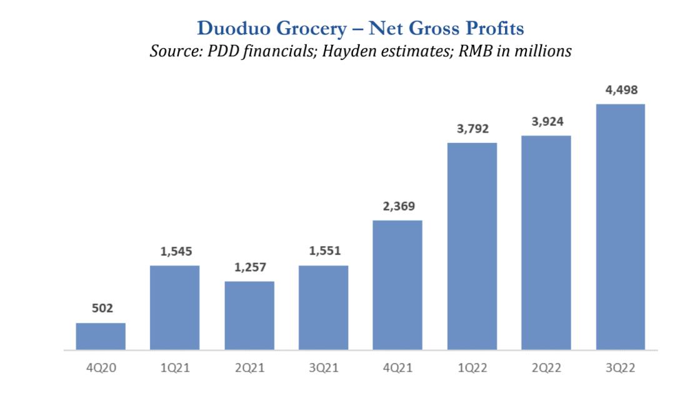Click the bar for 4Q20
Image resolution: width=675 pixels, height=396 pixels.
pos(101,336)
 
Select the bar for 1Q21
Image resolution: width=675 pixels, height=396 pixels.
pos(175,307)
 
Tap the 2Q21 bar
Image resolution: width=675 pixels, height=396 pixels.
pos(249,315)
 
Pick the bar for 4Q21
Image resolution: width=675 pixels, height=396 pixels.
pos(397,285)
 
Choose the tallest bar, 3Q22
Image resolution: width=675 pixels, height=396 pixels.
pos(620,227)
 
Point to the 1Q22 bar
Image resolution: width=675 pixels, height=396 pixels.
pos(472,246)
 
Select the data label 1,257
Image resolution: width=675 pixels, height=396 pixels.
pos(249,267)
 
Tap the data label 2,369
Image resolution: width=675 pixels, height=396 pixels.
pos(397,206)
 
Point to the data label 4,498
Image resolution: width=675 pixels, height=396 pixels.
pos(620,90)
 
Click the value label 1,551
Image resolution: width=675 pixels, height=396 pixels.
pos(324,252)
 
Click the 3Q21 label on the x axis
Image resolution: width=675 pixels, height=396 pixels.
pos(324,369)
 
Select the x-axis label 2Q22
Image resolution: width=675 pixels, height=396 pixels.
pos(546,369)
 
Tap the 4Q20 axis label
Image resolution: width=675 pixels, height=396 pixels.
pos(101,369)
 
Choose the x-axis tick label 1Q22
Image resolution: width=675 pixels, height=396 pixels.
pos(472,369)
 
